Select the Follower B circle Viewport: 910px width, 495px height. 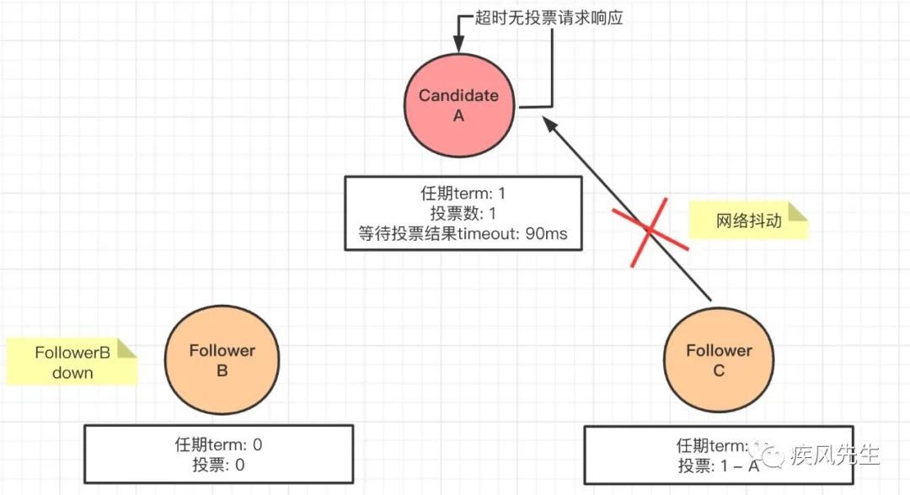click(x=222, y=360)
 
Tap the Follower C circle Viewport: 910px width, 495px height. click(x=719, y=360)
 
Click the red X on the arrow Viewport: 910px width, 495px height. click(x=650, y=232)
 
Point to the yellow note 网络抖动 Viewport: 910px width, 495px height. click(x=749, y=221)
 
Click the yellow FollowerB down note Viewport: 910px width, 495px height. click(x=72, y=362)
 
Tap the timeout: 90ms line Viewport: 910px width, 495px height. click(x=463, y=234)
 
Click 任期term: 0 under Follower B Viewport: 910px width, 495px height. click(x=219, y=445)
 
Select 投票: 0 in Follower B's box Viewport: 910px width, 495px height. click(x=219, y=466)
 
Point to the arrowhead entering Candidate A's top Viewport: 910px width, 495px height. click(x=459, y=46)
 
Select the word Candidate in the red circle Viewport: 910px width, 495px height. click(x=458, y=95)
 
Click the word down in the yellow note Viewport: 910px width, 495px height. click(x=72, y=372)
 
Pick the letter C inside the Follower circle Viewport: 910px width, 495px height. click(x=719, y=370)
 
